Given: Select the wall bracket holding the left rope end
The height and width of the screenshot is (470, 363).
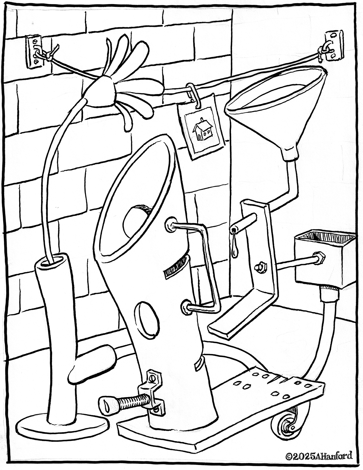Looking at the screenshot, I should pyautogui.click(x=34, y=52).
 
